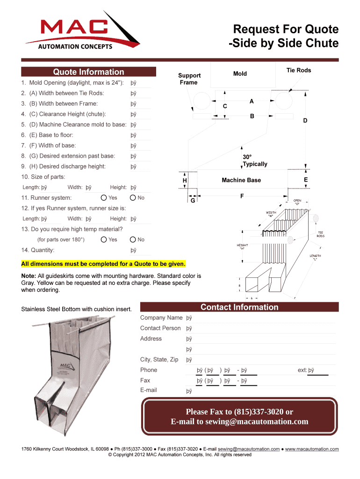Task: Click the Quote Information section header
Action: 88,72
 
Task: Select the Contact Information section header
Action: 239,307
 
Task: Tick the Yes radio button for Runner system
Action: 104,198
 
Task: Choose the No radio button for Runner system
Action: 133,198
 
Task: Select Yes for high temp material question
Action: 104,239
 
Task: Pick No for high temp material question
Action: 133,239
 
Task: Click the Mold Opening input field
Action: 140,83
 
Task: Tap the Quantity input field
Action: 140,250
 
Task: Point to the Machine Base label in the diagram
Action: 241,180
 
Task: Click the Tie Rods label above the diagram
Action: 298,71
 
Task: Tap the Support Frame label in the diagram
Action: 189,79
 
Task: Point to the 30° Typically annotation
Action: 255,160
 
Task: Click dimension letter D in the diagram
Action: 305,121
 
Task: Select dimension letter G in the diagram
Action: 193,200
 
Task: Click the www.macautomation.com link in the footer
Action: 312,449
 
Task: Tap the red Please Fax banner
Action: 239,417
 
